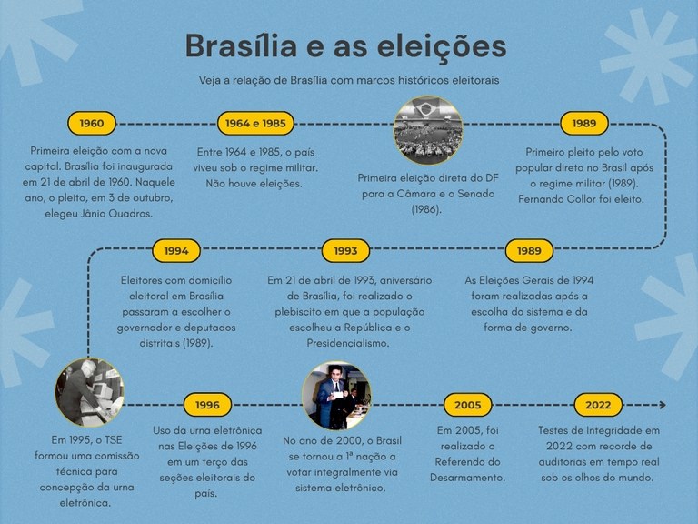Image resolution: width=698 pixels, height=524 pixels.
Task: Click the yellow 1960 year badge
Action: click(x=92, y=123)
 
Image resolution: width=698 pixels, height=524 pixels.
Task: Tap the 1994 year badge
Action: click(x=175, y=250)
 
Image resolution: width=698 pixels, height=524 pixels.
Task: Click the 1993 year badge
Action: click(x=345, y=250)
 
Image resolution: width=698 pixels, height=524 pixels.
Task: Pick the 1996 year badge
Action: click(x=207, y=405)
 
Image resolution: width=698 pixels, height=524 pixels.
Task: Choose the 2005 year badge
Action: click(x=467, y=405)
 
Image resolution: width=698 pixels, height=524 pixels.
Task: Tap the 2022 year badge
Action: click(x=598, y=405)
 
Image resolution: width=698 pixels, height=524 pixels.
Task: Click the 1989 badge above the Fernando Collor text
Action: click(x=584, y=123)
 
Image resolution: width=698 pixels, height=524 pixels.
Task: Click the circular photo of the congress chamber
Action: click(x=427, y=130)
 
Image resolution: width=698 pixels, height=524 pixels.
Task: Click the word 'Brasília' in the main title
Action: click(x=244, y=46)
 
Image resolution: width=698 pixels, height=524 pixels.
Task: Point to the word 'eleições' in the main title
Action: click(x=440, y=46)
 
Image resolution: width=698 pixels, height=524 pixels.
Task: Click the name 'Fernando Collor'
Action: click(x=564, y=197)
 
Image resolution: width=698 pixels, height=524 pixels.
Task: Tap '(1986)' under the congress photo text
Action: click(x=426, y=209)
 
